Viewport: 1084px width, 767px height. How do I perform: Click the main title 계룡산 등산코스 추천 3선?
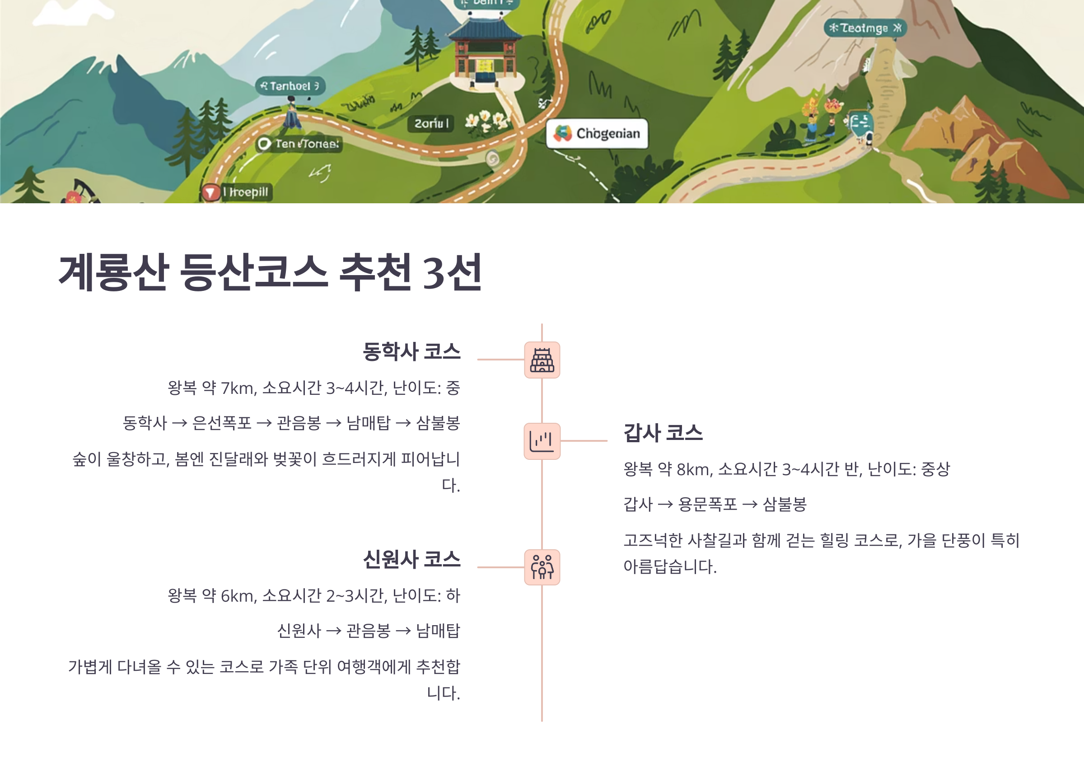click(x=270, y=272)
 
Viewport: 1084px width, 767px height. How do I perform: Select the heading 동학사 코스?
click(x=411, y=352)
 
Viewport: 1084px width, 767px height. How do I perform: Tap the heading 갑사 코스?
click(x=663, y=433)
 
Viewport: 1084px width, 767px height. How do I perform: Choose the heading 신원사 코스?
click(x=411, y=560)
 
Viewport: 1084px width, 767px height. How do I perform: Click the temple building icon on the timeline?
click(x=542, y=360)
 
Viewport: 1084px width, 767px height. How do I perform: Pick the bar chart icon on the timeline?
click(x=542, y=441)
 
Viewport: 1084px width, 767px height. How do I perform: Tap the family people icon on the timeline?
click(x=542, y=567)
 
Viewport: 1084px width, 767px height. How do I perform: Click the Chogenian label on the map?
click(x=597, y=134)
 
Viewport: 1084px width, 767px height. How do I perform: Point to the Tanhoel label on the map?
click(x=290, y=86)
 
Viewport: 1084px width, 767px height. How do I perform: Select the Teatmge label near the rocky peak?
click(x=865, y=28)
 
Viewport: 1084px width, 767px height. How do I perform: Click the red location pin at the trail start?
click(x=210, y=192)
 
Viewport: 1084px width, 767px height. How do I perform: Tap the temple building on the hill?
click(x=484, y=52)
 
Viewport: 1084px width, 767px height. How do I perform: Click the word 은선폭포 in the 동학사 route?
click(x=221, y=423)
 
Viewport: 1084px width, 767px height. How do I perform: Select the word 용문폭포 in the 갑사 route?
click(x=707, y=505)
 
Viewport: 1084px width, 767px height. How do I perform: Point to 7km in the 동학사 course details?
click(x=238, y=388)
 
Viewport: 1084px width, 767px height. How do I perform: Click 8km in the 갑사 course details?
click(x=694, y=469)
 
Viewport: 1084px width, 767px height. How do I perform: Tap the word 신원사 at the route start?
click(x=299, y=631)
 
